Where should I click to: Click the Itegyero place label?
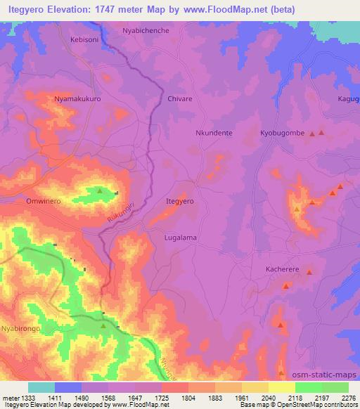pos(179,201)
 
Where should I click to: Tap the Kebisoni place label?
pos(85,40)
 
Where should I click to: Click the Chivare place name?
pos(180,99)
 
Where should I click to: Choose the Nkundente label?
pos(213,132)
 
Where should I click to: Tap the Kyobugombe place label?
pos(281,132)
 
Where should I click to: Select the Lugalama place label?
pos(180,238)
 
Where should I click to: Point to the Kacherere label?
pos(283,270)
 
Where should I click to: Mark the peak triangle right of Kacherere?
pos(309,271)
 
